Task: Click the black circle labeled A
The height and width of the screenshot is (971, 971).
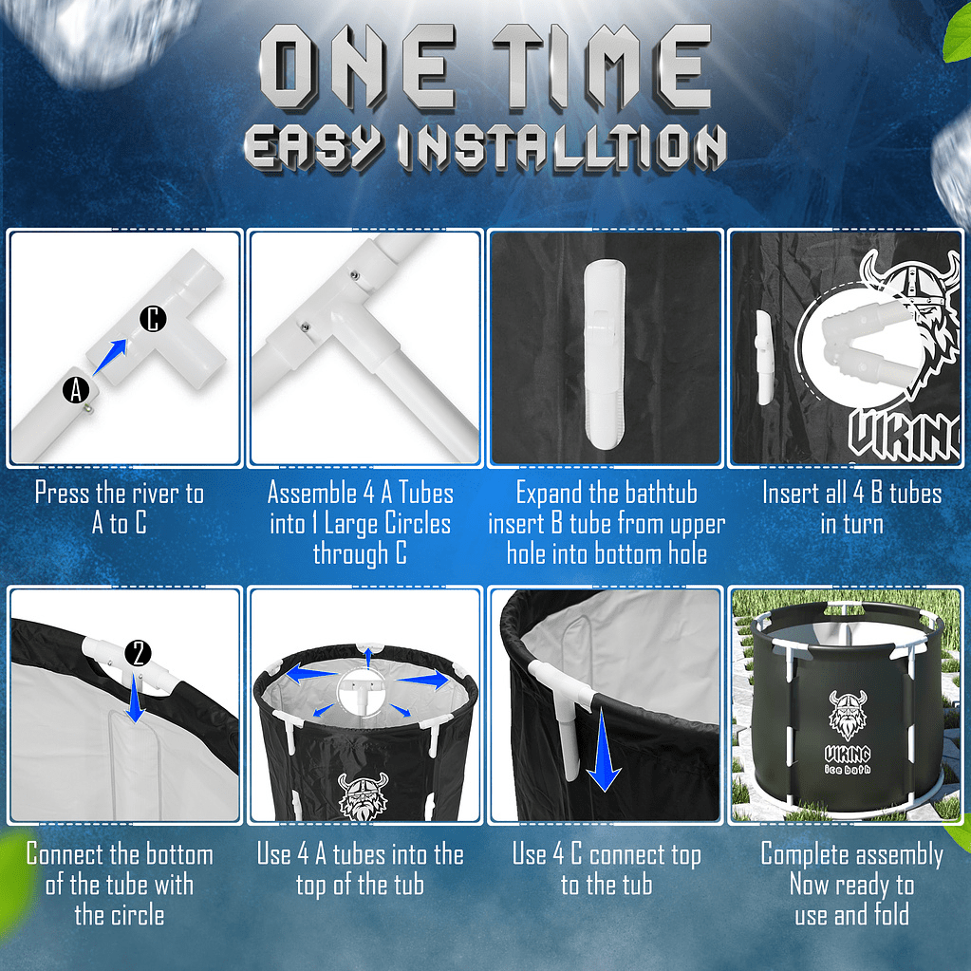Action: (76, 390)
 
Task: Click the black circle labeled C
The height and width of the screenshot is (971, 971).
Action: (153, 318)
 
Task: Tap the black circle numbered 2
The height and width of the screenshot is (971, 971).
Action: (138, 653)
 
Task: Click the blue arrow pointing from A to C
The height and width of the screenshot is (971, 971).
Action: (110, 357)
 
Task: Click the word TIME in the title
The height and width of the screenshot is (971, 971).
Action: (602, 66)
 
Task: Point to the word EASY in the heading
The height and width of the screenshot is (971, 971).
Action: (311, 147)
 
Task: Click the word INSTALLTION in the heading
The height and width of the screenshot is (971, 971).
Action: (562, 147)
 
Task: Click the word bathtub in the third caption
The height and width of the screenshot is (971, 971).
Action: (661, 494)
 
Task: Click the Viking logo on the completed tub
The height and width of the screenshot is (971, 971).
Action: (848, 716)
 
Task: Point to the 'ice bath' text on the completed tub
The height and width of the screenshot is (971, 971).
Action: (848, 769)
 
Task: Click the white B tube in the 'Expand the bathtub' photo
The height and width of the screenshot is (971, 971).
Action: (605, 354)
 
